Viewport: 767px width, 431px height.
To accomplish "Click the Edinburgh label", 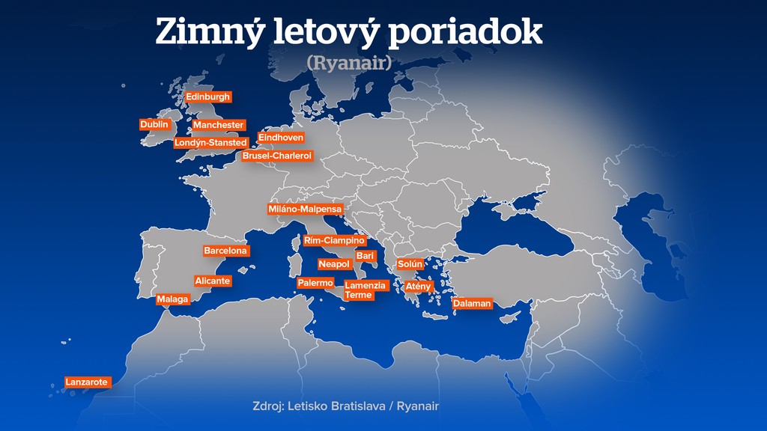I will (208, 97).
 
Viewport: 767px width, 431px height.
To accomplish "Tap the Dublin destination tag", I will (154, 124).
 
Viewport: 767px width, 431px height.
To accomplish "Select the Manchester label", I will (218, 125).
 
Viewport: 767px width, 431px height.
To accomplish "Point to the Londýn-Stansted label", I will (210, 142).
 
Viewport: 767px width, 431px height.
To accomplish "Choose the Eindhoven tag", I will (281, 138).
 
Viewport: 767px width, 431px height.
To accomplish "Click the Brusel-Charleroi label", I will (277, 156).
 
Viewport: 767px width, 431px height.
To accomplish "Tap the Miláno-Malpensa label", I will (305, 210).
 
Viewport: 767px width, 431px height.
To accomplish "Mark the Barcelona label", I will (225, 251).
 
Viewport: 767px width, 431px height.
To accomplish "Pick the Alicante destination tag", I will (213, 281).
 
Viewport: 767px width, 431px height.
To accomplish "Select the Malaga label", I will (173, 299).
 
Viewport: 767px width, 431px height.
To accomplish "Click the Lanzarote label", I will (87, 382).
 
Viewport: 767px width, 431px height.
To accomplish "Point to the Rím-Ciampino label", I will (334, 241).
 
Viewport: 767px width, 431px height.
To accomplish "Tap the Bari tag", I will (365, 256).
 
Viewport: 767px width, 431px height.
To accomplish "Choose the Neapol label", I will (334, 264).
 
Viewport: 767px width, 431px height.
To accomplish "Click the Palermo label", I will (315, 283).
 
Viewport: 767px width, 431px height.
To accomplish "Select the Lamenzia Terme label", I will (366, 290).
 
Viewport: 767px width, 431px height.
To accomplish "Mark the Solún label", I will (410, 264).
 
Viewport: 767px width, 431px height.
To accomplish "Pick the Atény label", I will (418, 287).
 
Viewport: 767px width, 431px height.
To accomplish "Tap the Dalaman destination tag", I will (472, 303).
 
